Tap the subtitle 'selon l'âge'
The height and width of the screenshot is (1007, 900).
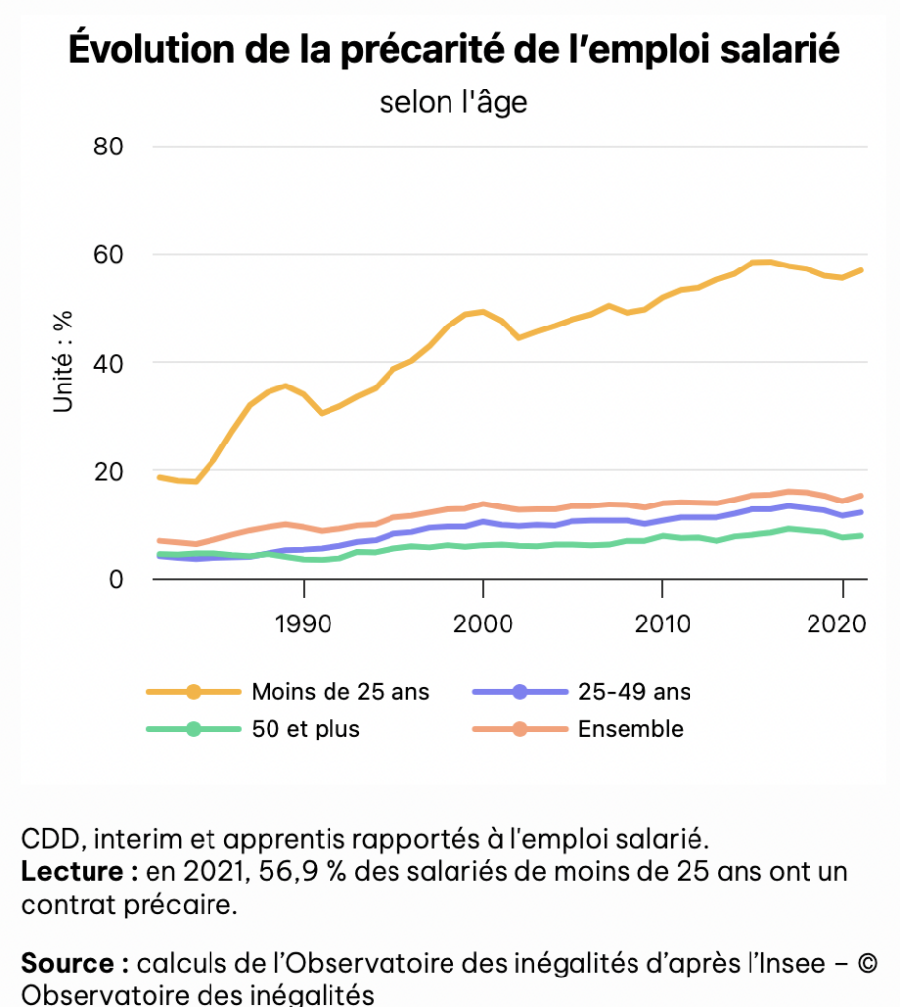(x=453, y=101)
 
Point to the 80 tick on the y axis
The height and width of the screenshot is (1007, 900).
(x=111, y=148)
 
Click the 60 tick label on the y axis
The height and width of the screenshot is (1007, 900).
(x=111, y=256)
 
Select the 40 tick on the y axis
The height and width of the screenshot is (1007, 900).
(x=111, y=364)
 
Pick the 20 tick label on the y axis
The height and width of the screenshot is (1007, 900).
(x=111, y=472)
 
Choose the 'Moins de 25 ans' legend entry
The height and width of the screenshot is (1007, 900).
(x=340, y=692)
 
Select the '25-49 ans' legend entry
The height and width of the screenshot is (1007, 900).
(x=634, y=692)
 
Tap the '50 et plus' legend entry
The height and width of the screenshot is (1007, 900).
(x=305, y=729)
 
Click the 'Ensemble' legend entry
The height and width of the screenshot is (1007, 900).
(x=630, y=729)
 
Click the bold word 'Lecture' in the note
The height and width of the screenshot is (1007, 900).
(x=72, y=872)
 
